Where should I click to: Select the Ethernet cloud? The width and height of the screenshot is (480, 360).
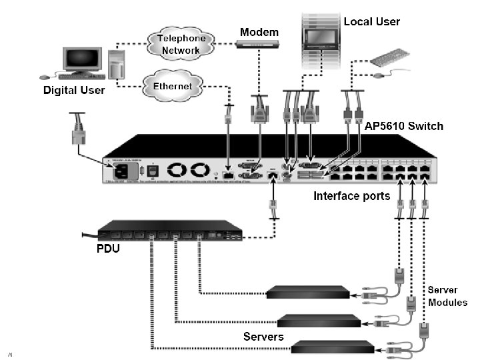(173, 86)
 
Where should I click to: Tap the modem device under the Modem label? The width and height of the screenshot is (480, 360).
(259, 44)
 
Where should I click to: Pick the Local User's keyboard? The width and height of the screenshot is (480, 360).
(390, 59)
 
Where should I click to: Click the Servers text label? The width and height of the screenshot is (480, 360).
(263, 336)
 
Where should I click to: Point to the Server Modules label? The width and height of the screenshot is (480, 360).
(447, 296)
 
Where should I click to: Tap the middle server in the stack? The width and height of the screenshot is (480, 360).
(318, 320)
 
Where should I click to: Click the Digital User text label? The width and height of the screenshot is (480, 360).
(74, 90)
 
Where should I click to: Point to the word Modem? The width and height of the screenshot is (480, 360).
(259, 32)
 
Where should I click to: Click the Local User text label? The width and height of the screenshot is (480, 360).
(371, 21)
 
